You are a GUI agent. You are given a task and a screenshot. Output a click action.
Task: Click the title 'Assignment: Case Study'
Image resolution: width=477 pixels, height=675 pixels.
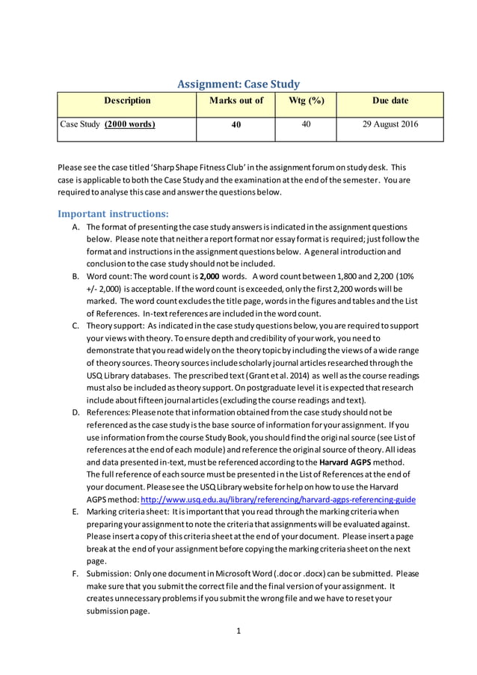click(238, 85)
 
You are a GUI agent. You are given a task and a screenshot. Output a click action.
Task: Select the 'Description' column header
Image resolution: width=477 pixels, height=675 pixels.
click(127, 101)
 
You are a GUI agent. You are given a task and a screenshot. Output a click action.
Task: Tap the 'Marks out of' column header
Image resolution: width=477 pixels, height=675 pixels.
click(236, 101)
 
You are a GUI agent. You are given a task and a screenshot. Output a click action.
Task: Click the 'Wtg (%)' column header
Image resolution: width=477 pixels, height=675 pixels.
click(305, 101)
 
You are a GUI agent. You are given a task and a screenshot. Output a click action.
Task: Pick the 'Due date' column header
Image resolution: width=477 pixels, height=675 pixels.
click(390, 101)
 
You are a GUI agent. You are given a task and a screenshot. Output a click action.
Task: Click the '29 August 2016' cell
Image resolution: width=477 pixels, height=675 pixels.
click(390, 124)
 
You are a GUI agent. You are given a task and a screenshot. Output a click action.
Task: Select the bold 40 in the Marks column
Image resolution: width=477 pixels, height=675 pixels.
click(236, 125)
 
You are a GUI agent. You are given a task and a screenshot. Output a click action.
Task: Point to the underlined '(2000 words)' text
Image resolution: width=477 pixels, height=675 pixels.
click(130, 124)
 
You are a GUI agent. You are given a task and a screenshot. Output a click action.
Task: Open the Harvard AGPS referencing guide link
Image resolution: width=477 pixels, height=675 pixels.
click(315, 499)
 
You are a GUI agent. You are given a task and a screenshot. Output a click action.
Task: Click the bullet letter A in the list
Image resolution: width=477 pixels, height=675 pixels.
click(76, 227)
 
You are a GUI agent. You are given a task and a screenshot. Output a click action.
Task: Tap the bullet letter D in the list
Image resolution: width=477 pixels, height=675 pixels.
click(76, 412)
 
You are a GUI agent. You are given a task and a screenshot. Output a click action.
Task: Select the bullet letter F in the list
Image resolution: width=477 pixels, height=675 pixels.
click(76, 574)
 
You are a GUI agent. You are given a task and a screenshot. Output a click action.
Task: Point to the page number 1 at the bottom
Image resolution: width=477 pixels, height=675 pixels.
click(238, 631)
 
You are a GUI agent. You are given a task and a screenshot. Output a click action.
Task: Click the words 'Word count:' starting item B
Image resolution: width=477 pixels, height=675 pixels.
click(110, 276)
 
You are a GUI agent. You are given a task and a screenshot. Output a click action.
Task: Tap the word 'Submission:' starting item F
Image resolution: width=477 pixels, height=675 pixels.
click(110, 574)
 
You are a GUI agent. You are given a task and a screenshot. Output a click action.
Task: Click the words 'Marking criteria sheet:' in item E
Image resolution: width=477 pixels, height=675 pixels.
click(129, 512)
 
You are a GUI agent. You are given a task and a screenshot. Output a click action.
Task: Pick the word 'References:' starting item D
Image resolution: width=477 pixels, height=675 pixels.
click(110, 412)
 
